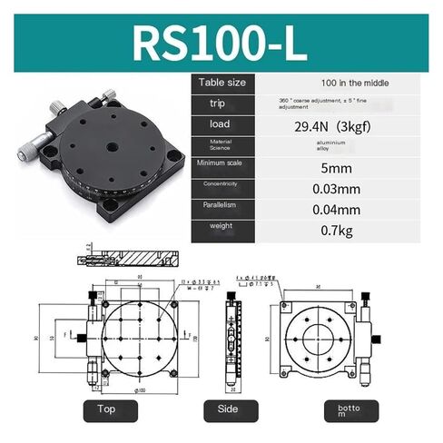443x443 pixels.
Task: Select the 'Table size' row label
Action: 222,83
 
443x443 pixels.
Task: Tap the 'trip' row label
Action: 209,103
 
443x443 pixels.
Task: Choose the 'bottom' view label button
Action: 349,410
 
